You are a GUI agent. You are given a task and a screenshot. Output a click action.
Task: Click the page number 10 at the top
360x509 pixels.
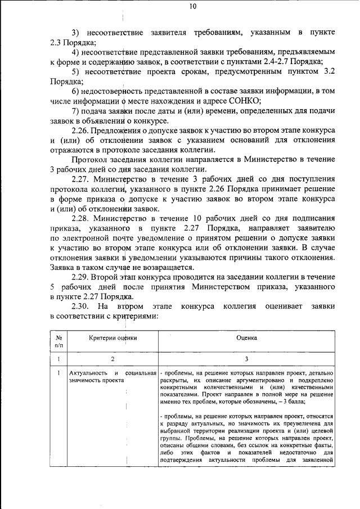point(193,7)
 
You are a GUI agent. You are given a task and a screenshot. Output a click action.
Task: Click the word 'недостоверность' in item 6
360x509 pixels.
point(117,91)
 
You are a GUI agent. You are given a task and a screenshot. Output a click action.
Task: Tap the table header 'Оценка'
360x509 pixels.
point(246,337)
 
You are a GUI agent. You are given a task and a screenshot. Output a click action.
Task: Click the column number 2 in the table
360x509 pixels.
point(112,359)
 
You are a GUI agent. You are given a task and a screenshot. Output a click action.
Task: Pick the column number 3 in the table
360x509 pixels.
point(246,359)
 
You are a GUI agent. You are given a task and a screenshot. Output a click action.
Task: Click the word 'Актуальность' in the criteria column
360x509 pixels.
point(87,373)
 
